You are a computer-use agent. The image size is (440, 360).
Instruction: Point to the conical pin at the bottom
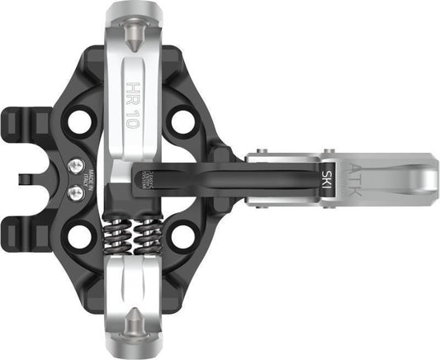coord(134,329)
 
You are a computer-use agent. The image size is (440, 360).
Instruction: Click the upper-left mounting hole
coord(80,121)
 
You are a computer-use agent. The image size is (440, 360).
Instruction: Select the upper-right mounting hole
coord(183,121)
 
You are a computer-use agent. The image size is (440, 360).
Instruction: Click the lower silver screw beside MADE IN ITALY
coord(77,192)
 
